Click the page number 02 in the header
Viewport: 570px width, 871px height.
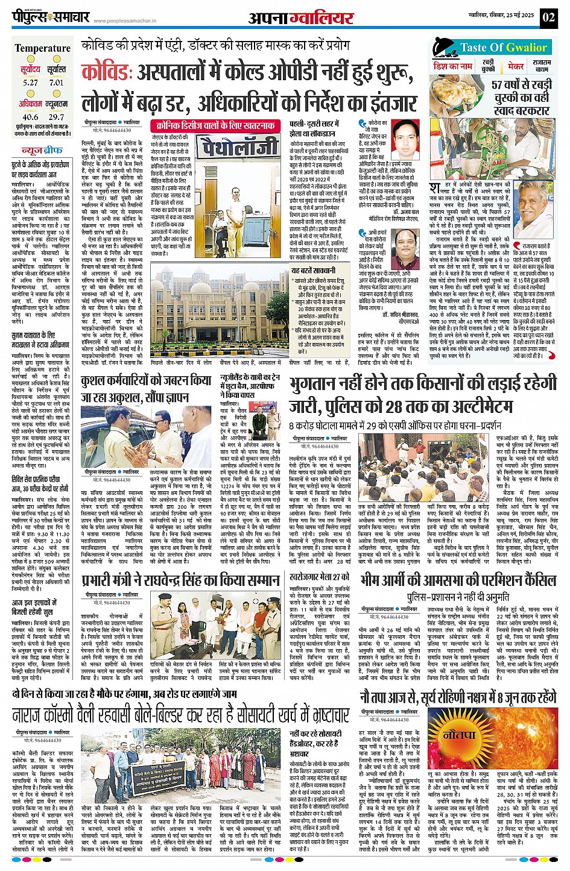(x=548, y=17)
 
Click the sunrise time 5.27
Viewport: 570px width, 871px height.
(x=30, y=83)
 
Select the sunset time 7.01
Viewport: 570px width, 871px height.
(x=56, y=83)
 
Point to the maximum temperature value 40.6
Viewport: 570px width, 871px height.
(x=30, y=117)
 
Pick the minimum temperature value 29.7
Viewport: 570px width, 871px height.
(x=56, y=117)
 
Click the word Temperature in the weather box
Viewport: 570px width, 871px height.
(x=42, y=48)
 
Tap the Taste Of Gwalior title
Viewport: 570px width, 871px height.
(x=503, y=48)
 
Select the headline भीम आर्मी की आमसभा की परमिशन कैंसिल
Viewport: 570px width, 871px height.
(x=458, y=580)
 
